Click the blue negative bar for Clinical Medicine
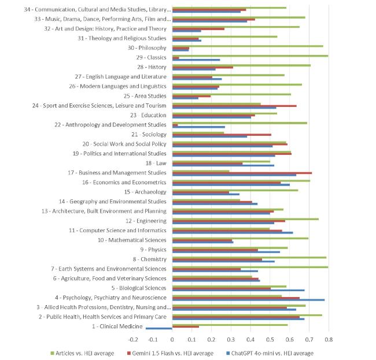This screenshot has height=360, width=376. pyautogui.click(x=158, y=328)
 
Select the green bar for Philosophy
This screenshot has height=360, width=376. pyautogui.click(x=248, y=46)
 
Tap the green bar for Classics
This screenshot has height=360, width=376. pyautogui.click(x=250, y=56)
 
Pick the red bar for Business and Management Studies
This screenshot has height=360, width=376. pyautogui.click(x=242, y=173)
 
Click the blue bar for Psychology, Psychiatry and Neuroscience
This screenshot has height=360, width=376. pyautogui.click(x=248, y=300)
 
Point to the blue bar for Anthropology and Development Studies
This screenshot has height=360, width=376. pyautogui.click(x=198, y=127)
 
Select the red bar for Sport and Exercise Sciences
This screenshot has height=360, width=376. pyautogui.click(x=234, y=106)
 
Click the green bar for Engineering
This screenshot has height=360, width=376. pyautogui.click(x=245, y=219)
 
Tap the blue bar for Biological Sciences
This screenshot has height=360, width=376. pyautogui.click(x=238, y=290)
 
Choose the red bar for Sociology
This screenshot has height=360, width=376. pyautogui.click(x=222, y=135)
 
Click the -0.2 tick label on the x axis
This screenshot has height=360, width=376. pyautogui.click(x=133, y=339)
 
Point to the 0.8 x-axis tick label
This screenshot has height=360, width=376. pyautogui.click(x=329, y=339)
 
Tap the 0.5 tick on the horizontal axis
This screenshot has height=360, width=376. pyautogui.click(x=270, y=339)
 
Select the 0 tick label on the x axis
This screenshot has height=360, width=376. pyautogui.click(x=172, y=339)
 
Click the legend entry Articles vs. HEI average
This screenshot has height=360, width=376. pyautogui.click(x=82, y=353)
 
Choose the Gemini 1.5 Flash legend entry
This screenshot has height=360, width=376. pyautogui.click(x=170, y=353)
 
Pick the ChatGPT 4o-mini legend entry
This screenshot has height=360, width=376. pyautogui.click(x=270, y=353)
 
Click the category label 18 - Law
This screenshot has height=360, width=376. pyautogui.click(x=156, y=163)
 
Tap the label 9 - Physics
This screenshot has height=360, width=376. pyautogui.click(x=153, y=250)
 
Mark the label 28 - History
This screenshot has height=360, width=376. pyautogui.click(x=152, y=67)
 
